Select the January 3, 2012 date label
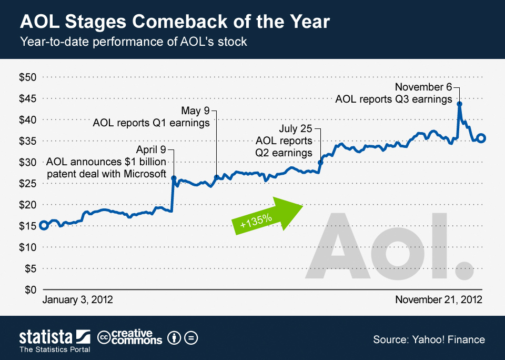[77, 300]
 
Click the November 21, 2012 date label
[439, 300]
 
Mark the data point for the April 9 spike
[174, 178]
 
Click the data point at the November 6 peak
[459, 104]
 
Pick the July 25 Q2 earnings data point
[320, 163]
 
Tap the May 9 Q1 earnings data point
[216, 177]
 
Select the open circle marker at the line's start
[44, 225]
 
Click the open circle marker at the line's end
[481, 138]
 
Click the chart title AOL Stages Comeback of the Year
[175, 23]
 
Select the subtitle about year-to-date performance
[133, 41]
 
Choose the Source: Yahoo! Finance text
[429, 339]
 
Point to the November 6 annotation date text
[423, 87]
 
